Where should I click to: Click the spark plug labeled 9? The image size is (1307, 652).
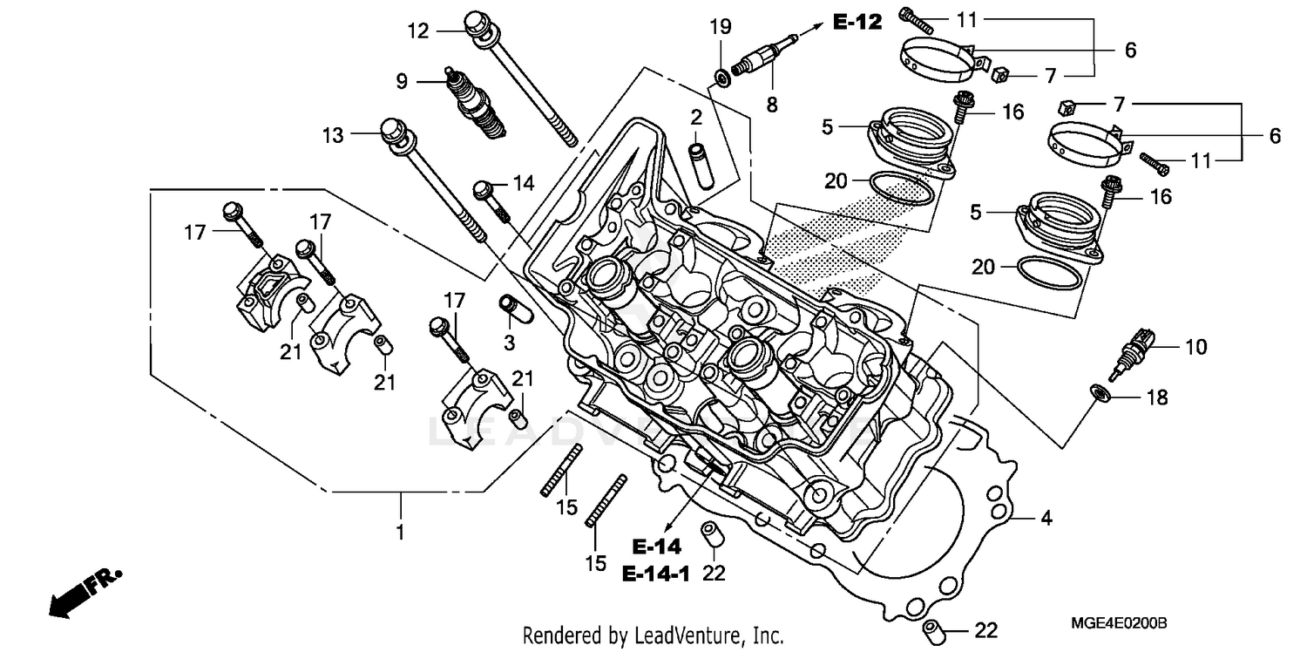[476, 105]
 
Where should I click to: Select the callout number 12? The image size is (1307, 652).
[419, 31]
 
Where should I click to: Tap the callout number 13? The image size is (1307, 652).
[333, 135]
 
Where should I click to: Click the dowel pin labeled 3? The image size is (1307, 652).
[508, 309]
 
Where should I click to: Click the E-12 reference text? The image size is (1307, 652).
[857, 23]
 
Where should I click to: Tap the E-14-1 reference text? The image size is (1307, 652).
[655, 575]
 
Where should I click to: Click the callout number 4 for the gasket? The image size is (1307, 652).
[1046, 519]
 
